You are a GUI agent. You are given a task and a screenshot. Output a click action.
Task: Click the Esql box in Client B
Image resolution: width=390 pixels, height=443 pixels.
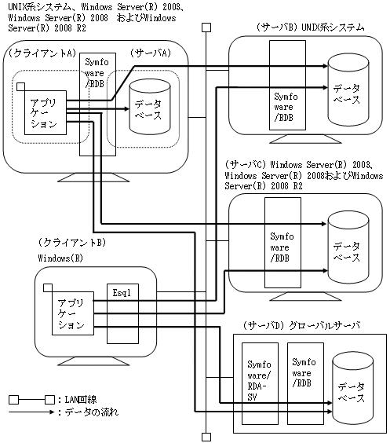[122, 313]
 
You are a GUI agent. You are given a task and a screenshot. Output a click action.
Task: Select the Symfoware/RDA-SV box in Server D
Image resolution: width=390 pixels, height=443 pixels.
[260, 383]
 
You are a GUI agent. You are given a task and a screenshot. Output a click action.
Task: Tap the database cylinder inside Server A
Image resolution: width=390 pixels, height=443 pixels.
[150, 107]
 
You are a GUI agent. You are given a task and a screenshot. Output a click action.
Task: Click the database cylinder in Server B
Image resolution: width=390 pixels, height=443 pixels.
[348, 90]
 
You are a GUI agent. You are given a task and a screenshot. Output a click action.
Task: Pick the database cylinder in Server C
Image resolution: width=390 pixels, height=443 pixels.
[348, 247]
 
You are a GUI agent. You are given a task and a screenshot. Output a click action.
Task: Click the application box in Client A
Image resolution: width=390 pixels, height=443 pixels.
[46, 113]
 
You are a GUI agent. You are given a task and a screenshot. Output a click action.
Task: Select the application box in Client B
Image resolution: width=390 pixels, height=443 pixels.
[73, 313]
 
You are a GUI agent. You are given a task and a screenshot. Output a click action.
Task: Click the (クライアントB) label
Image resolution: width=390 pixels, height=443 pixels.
[72, 243]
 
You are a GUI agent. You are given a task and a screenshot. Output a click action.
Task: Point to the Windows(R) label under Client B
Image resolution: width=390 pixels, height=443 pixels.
[60, 258]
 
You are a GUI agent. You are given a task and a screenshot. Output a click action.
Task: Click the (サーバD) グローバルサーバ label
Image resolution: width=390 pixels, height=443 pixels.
[301, 325]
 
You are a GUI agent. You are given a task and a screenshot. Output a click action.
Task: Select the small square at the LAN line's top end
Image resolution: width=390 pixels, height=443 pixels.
[206, 27]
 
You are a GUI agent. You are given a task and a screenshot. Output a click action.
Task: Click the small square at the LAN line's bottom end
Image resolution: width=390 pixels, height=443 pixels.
[206, 437]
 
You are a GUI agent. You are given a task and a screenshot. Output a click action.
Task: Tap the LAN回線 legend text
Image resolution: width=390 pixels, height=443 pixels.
[81, 400]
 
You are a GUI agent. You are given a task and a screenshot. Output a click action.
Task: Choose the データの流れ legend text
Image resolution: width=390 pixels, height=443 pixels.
[92, 412]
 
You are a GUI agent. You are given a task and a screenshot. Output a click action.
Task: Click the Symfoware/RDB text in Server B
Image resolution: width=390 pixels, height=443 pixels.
[286, 107]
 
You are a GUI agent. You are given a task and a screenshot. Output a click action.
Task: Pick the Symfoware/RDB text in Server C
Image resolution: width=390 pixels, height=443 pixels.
[282, 247]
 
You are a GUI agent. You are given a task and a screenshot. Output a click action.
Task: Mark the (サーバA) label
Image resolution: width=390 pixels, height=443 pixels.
[151, 53]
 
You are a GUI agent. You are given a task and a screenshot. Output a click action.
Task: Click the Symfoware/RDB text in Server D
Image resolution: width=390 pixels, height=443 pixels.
[304, 372]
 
